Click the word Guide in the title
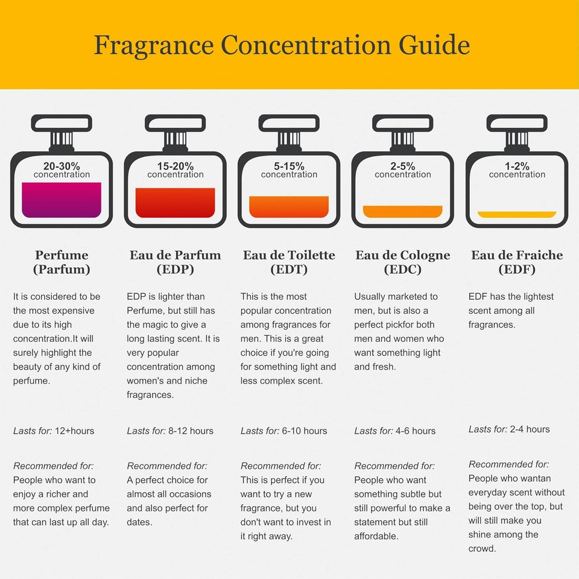[x=434, y=45]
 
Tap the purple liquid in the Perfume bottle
[x=62, y=200]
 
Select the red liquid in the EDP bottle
[x=176, y=203]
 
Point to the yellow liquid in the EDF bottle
[x=517, y=215]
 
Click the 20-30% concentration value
[x=62, y=166]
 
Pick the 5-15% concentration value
[x=289, y=166]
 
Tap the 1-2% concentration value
[x=517, y=166]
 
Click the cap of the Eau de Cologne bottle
[x=402, y=123]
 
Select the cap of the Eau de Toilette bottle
[x=289, y=123]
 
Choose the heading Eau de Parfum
[x=176, y=255]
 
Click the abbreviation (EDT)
[x=289, y=269]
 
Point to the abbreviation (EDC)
[x=402, y=269]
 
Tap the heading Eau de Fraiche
[x=517, y=255]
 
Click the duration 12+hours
[x=75, y=431]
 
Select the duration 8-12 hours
[x=191, y=431]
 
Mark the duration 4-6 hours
[x=416, y=431]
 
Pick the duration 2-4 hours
[x=530, y=429]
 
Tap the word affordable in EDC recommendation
[x=376, y=536]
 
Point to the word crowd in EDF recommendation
[x=482, y=549]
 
